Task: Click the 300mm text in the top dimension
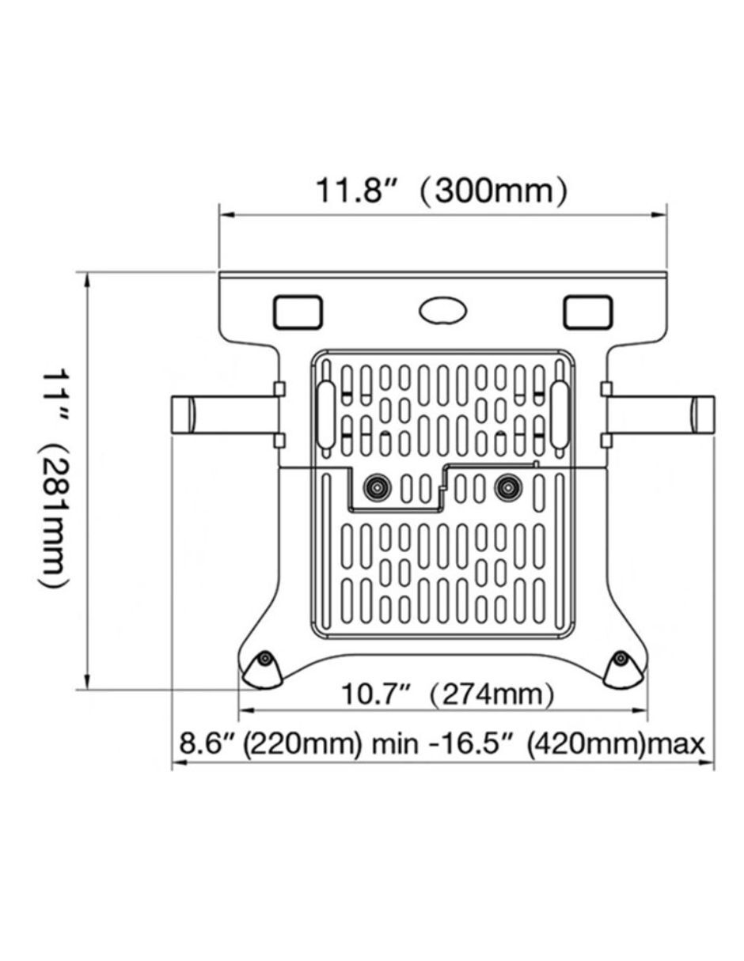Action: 493,191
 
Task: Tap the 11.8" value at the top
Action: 355,191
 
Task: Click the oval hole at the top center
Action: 442,312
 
